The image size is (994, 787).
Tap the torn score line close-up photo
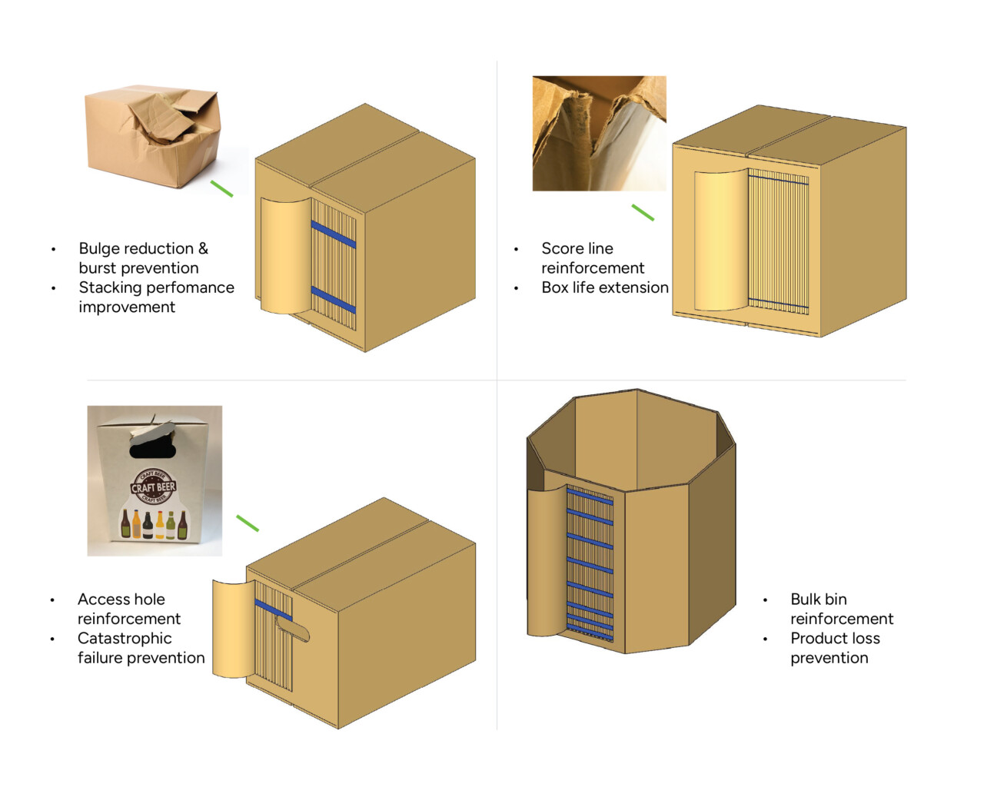click(x=599, y=133)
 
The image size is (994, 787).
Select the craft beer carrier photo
click(x=155, y=480)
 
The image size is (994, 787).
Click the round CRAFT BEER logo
click(x=153, y=486)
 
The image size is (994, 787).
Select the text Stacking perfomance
click(x=156, y=287)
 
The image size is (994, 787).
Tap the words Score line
click(x=577, y=248)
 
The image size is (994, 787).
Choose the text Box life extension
click(x=604, y=287)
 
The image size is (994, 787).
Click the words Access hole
click(x=121, y=599)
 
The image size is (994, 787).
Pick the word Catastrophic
click(x=124, y=638)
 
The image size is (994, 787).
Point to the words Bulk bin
click(x=818, y=599)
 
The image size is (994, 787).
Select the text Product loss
click(x=834, y=638)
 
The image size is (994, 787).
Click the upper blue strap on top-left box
click(x=334, y=234)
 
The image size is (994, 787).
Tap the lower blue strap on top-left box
click(x=334, y=300)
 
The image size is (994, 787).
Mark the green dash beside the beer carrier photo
click(x=248, y=523)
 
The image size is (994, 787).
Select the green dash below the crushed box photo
click(x=221, y=188)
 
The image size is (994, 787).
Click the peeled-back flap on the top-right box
click(x=720, y=241)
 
